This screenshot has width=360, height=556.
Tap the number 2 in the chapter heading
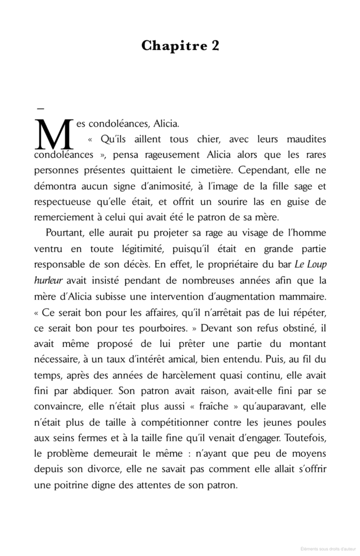tap(215, 46)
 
